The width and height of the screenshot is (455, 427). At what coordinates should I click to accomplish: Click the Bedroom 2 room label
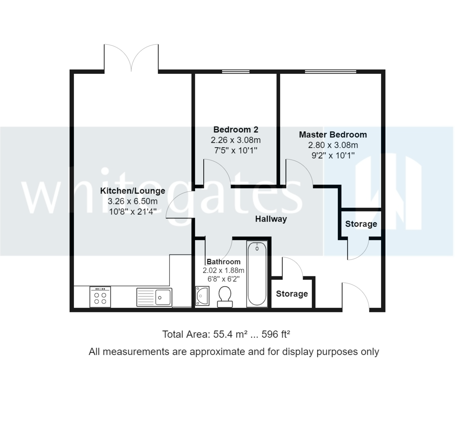click(x=235, y=130)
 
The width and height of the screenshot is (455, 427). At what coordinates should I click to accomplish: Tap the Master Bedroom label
click(x=333, y=135)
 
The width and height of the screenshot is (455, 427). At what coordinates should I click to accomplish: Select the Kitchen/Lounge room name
click(x=132, y=191)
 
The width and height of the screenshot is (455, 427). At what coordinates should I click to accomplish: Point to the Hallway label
click(x=271, y=219)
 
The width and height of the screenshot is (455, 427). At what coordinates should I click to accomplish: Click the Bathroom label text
click(x=223, y=262)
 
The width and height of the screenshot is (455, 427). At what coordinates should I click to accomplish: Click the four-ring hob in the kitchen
click(x=100, y=296)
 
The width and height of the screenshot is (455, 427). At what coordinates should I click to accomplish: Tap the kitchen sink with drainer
click(x=154, y=297)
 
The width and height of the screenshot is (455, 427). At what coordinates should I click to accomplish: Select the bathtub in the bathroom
click(x=257, y=274)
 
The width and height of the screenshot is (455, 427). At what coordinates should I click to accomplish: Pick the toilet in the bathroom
click(x=225, y=296)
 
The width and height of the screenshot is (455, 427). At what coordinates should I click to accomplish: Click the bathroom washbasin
click(x=202, y=296)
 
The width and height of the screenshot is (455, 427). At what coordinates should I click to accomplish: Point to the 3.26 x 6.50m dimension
click(x=132, y=201)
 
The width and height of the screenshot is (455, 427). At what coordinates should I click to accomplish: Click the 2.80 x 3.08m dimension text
click(x=333, y=145)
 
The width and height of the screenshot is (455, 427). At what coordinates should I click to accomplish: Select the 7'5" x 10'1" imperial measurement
click(x=235, y=150)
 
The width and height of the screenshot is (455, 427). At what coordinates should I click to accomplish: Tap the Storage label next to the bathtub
click(x=292, y=294)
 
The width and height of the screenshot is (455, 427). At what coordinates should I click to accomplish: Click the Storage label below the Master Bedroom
click(x=361, y=224)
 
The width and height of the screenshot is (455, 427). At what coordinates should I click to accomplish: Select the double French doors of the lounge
click(x=131, y=59)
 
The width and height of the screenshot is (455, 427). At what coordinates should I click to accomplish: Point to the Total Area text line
click(x=226, y=334)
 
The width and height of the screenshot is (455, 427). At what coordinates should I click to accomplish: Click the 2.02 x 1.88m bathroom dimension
click(x=223, y=271)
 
